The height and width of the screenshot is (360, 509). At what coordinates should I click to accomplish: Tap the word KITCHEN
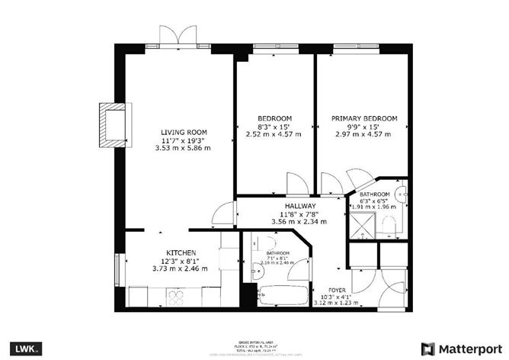pyautogui.click(x=182, y=252)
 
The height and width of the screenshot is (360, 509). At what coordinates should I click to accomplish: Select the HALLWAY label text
pyautogui.click(x=299, y=206)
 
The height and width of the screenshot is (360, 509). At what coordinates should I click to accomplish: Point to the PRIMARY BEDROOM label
pyautogui.click(x=363, y=118)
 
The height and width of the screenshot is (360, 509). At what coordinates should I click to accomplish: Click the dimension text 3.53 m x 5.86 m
pyautogui.click(x=184, y=148)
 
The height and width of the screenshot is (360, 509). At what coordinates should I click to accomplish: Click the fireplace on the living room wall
pyautogui.click(x=111, y=124)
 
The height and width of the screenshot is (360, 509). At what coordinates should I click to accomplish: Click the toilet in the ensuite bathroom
pyautogui.click(x=389, y=224)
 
